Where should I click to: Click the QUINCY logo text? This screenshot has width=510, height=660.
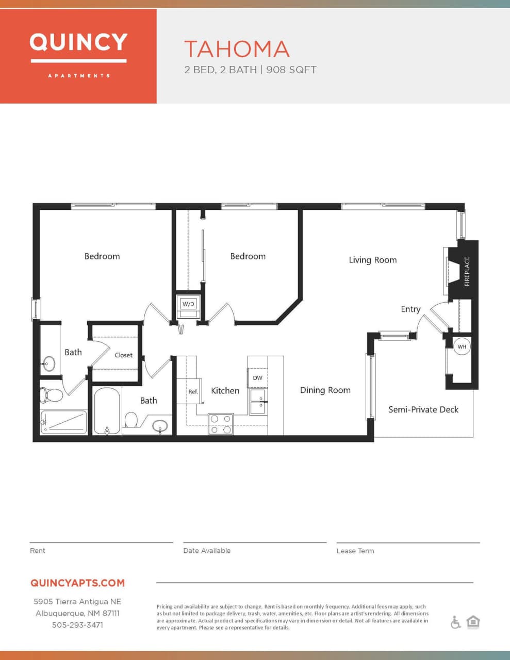78,42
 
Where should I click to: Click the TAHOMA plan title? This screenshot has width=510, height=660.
237,49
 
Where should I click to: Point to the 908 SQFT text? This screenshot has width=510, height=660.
291,70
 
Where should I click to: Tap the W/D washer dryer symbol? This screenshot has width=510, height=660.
188,304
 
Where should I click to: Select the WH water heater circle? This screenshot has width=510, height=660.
462,346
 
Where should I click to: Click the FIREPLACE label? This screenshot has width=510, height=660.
467,271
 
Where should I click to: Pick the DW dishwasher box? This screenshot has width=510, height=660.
258,378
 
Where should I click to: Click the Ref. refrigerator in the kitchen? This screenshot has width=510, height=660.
192,391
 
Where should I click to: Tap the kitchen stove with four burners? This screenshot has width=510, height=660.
221,424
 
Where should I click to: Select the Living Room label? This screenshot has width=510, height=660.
372,260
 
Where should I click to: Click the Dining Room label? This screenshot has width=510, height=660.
325,390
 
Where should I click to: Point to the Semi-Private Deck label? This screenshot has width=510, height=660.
423,409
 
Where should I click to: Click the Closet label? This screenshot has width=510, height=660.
123,355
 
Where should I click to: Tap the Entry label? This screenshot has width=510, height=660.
410,309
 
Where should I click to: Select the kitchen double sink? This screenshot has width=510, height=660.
258,402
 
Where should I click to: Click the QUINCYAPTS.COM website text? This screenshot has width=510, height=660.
77,583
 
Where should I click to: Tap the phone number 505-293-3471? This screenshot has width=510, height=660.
77,625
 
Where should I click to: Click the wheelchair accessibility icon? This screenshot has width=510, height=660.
455,622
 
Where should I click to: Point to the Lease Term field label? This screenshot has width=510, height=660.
355,551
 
